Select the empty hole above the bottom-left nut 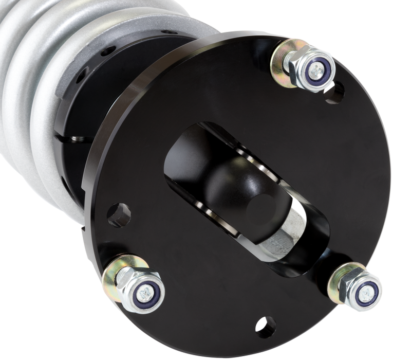click(x=119, y=214)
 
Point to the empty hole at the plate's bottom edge click(x=266, y=327)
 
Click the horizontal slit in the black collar click(x=72, y=139)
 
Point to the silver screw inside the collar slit click(x=77, y=139)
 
